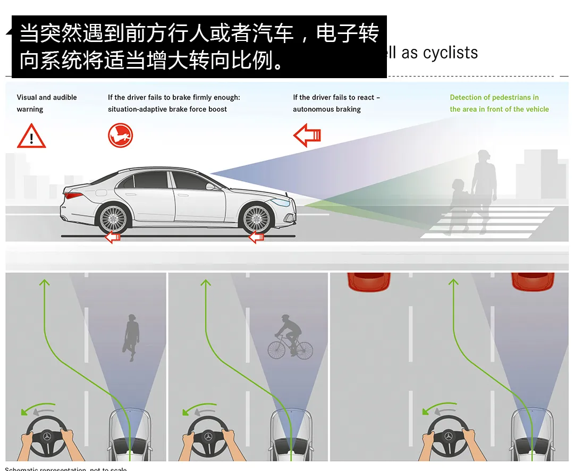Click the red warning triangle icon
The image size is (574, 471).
pyautogui.click(x=31, y=136)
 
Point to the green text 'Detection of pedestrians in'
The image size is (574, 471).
pyautogui.click(x=494, y=97)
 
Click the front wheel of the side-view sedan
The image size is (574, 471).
pyautogui.click(x=257, y=218)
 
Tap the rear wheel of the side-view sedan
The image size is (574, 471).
pyautogui.click(x=113, y=218)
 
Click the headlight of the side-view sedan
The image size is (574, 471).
pyautogui.click(x=282, y=202)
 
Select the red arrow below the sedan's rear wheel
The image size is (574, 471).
pyautogui.click(x=113, y=237)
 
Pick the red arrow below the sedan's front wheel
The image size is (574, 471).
pyautogui.click(x=257, y=237)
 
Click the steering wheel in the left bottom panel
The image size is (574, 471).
pyautogui.click(x=47, y=436)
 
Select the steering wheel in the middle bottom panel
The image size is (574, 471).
pyautogui.click(x=209, y=436)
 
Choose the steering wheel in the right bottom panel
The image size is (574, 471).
pyautogui.click(x=449, y=436)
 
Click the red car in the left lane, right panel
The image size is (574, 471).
pyautogui.click(x=369, y=281)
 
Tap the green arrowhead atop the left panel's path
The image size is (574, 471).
pyautogui.click(x=44, y=283)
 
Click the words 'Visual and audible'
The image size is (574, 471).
pyautogui.click(x=47, y=97)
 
